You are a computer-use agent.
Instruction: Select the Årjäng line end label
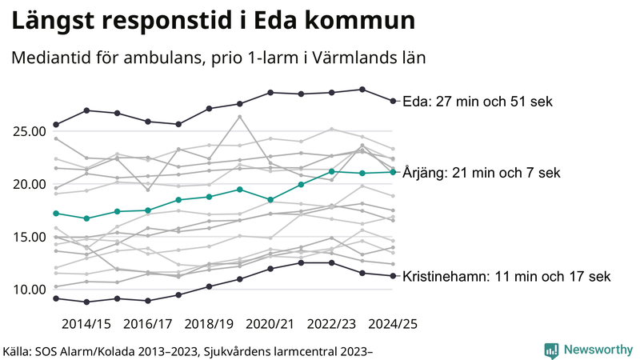(482, 172)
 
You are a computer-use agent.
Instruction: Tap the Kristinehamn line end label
(506, 277)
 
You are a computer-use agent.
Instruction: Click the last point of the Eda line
(392, 101)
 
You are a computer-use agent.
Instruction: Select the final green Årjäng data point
(392, 172)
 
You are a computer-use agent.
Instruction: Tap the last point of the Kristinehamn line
(392, 276)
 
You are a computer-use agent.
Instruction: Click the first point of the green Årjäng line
(56, 214)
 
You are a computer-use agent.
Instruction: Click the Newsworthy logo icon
(551, 350)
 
